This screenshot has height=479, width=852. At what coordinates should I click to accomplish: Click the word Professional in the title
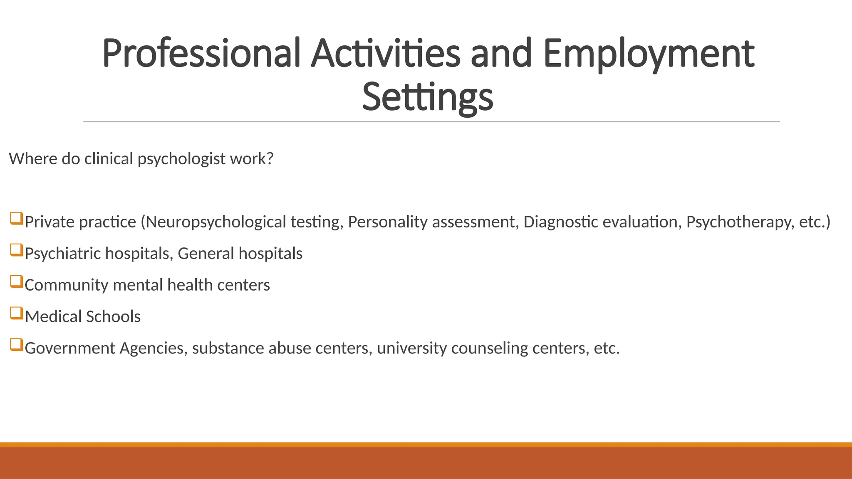201,54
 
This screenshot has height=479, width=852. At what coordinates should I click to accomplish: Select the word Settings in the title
427,98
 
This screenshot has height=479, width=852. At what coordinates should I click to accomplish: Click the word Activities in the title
386,54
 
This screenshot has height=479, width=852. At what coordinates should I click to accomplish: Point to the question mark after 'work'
270,159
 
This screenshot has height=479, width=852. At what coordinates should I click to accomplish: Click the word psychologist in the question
181,159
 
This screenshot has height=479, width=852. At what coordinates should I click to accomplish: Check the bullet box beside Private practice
16,219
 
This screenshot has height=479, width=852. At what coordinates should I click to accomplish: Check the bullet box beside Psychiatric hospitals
16,250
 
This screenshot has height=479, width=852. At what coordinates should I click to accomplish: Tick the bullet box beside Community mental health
16,282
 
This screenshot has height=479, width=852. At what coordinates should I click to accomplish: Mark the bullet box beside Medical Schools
16,314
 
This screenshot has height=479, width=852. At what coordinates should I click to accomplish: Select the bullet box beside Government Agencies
16,345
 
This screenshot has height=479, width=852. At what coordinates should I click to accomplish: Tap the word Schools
113,317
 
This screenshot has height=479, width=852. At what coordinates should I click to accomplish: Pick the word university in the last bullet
411,348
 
